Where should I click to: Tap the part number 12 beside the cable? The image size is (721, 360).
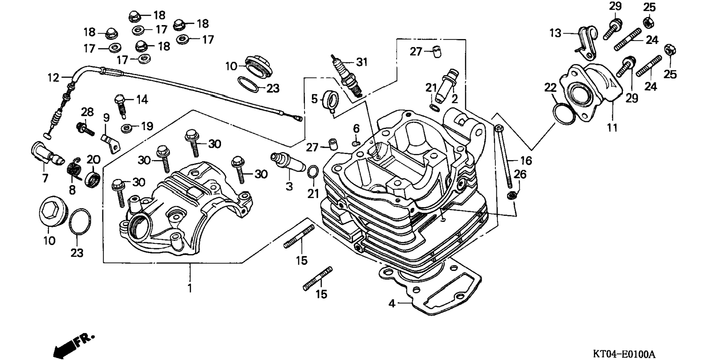(x=53, y=78)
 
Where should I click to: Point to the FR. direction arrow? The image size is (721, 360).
(x=73, y=345)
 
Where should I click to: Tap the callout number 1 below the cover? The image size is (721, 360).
(x=190, y=288)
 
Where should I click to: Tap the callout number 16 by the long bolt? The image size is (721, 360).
(x=526, y=161)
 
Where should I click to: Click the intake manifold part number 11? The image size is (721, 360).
(x=612, y=128)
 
